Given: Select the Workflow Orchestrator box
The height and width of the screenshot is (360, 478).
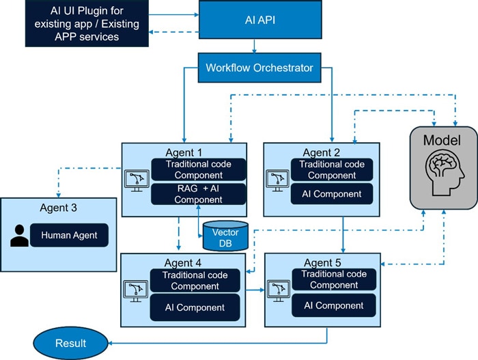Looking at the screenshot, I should [259, 68].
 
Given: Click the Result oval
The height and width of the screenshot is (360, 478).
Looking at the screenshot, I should [70, 343].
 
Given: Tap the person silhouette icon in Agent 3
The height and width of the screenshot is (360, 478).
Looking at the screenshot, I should [20, 235].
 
